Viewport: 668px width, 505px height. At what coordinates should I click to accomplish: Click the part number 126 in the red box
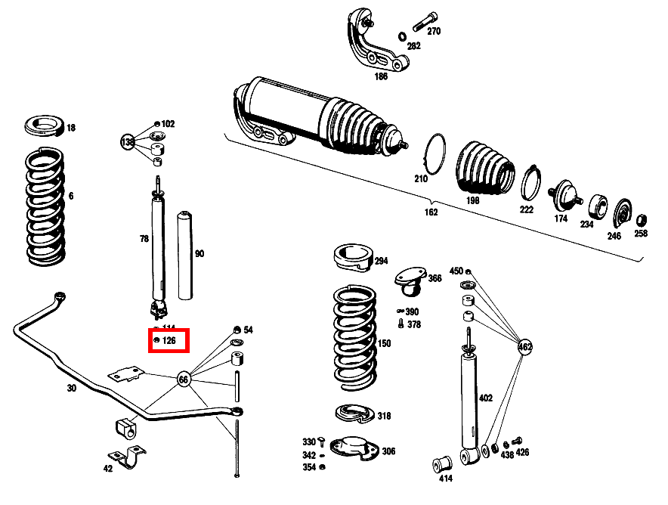[x=169, y=341]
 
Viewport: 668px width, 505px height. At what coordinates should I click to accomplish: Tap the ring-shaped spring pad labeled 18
[x=45, y=126]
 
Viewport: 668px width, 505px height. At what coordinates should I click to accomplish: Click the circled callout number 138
[x=128, y=141]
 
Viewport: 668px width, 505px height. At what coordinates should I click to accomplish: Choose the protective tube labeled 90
[x=184, y=256]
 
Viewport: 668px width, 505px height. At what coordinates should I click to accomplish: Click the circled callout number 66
[x=183, y=379]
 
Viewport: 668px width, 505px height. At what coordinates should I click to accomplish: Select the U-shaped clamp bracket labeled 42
[x=128, y=460]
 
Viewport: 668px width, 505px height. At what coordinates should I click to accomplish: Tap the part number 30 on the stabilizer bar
[x=72, y=388]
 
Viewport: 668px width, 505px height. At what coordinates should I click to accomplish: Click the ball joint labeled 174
[x=563, y=195]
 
